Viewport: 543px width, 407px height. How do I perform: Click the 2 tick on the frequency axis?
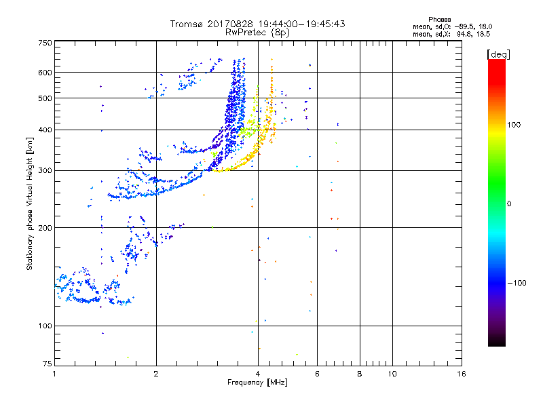pos(156,373)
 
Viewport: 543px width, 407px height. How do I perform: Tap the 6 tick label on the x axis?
pos(317,373)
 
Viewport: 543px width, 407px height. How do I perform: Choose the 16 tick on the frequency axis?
pos(461,373)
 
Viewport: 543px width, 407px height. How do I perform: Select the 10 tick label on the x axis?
pos(392,373)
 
